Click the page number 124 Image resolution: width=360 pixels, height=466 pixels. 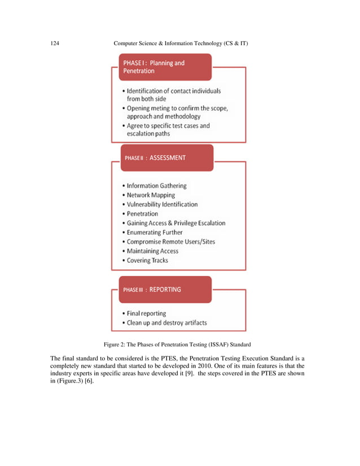55,43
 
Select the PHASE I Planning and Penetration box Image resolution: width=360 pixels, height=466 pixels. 164,68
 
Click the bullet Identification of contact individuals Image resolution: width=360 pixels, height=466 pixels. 173,91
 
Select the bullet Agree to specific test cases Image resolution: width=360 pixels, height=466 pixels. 168,126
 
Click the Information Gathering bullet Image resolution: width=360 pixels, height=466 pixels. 156,186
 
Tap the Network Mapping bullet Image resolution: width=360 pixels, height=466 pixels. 151,195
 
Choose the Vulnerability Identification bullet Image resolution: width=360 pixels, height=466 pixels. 162,204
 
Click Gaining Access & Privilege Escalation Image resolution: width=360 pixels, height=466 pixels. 175,223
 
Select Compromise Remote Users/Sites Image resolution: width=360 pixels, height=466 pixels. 170,241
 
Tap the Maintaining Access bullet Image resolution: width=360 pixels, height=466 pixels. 152,251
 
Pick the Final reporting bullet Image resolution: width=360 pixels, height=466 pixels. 146,314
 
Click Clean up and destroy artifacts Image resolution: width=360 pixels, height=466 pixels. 166,323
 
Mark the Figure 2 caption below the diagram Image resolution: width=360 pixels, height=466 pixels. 180,344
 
